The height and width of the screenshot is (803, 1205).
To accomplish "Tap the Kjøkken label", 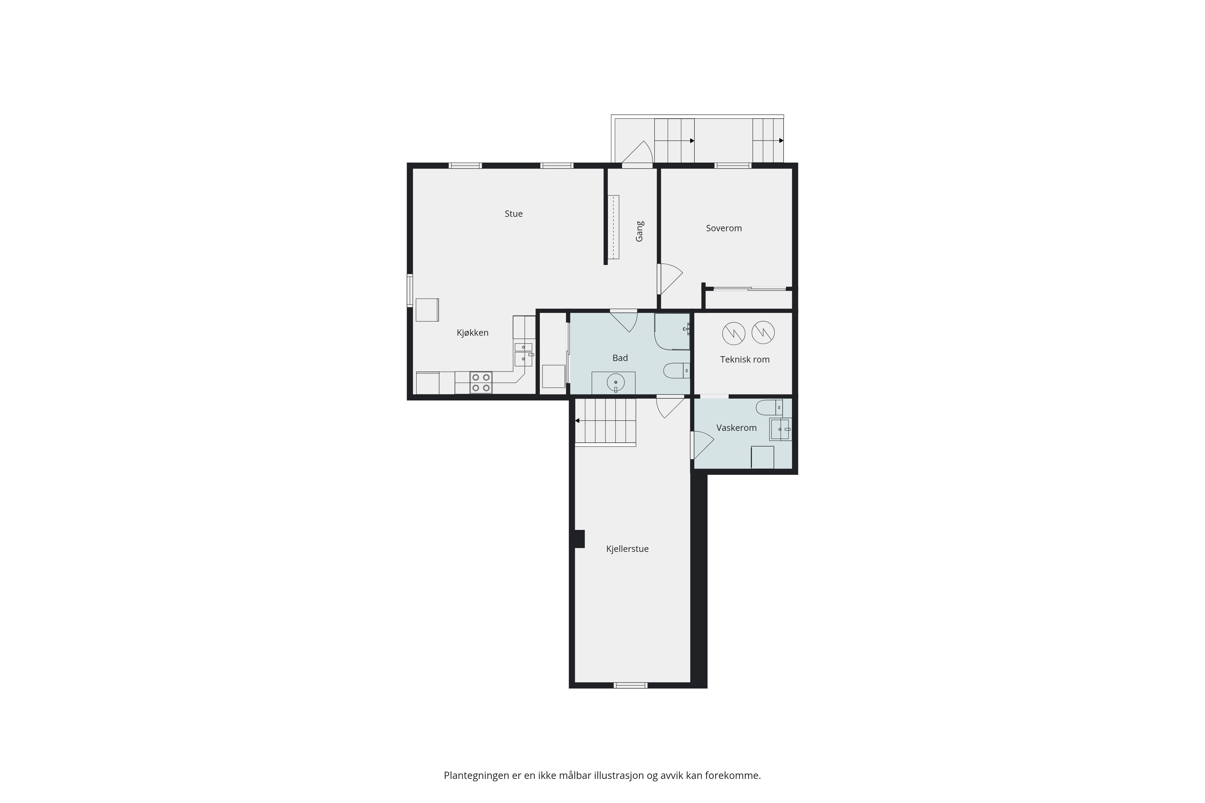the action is (x=472, y=333).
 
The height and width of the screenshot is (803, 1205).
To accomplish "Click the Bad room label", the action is (x=620, y=358).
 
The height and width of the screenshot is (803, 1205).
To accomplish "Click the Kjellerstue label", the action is (x=627, y=549).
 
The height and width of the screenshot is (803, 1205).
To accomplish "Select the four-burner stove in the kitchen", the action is (x=481, y=383).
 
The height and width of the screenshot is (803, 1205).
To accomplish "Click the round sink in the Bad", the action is (x=615, y=383).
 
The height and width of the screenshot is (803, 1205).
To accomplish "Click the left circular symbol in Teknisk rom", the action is (x=734, y=333).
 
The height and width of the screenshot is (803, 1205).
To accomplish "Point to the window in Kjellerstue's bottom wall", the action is (x=631, y=685).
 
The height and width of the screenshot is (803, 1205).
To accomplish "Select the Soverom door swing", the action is (x=670, y=279).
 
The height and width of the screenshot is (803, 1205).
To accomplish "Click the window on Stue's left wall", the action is (x=410, y=290).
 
